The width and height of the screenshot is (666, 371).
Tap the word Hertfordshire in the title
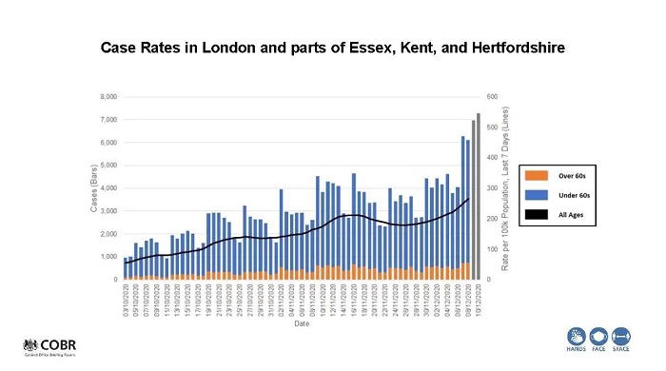tap(513, 46)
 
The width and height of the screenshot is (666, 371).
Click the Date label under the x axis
tap(301, 324)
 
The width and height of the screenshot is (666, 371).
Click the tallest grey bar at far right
tap(478, 196)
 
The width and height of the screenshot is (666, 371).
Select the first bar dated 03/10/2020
tap(126, 268)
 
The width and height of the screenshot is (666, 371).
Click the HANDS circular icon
tap(577, 337)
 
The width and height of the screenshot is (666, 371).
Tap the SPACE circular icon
tap(622, 337)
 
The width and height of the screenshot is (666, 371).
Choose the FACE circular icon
tap(599, 337)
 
